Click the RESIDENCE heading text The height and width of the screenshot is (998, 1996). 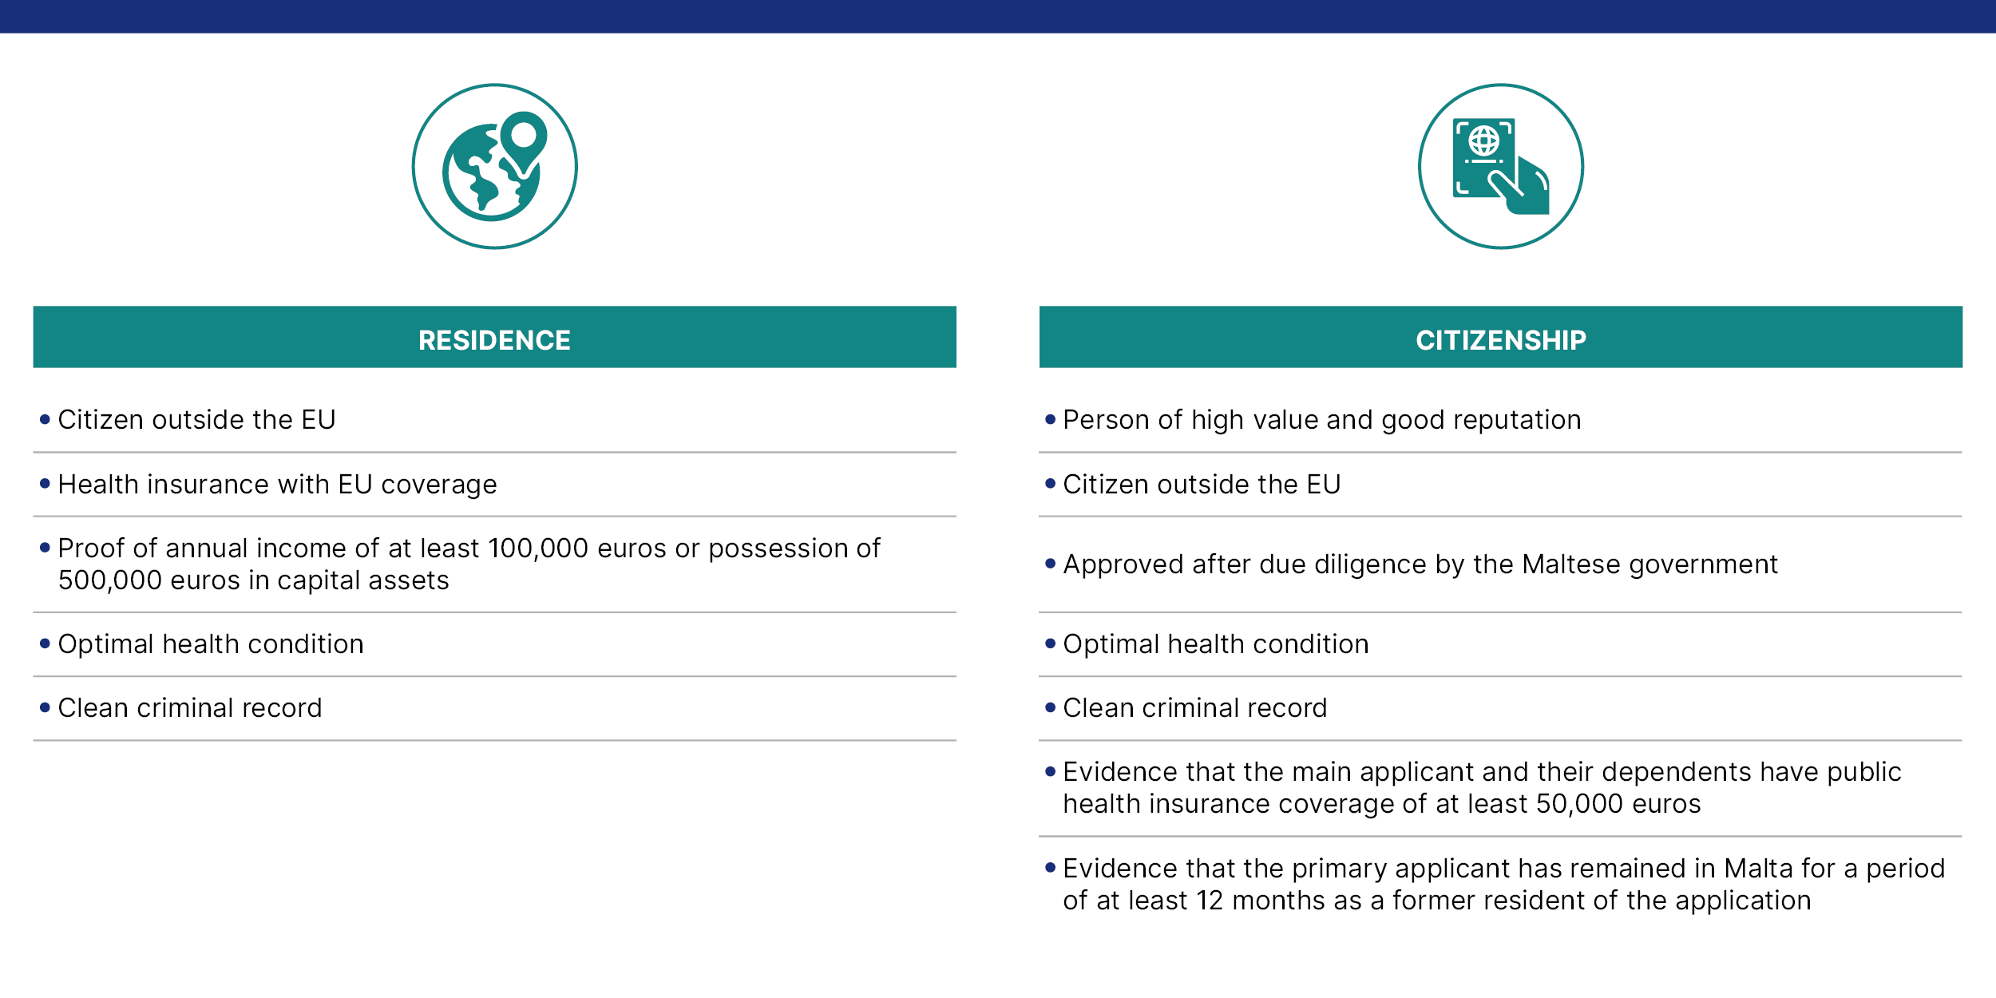pyautogui.click(x=494, y=340)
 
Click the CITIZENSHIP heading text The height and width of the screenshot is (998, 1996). pyautogui.click(x=1501, y=340)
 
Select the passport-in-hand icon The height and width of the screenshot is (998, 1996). pyautogui.click(x=1501, y=167)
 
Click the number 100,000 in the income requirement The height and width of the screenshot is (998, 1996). pyautogui.click(x=538, y=549)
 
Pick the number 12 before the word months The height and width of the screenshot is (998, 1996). pyautogui.click(x=1210, y=901)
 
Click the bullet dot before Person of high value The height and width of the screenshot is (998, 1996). pyautogui.click(x=1051, y=419)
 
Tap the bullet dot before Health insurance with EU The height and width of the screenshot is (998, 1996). pyautogui.click(x=45, y=483)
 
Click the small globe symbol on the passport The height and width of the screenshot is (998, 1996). pyautogui.click(x=1484, y=141)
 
